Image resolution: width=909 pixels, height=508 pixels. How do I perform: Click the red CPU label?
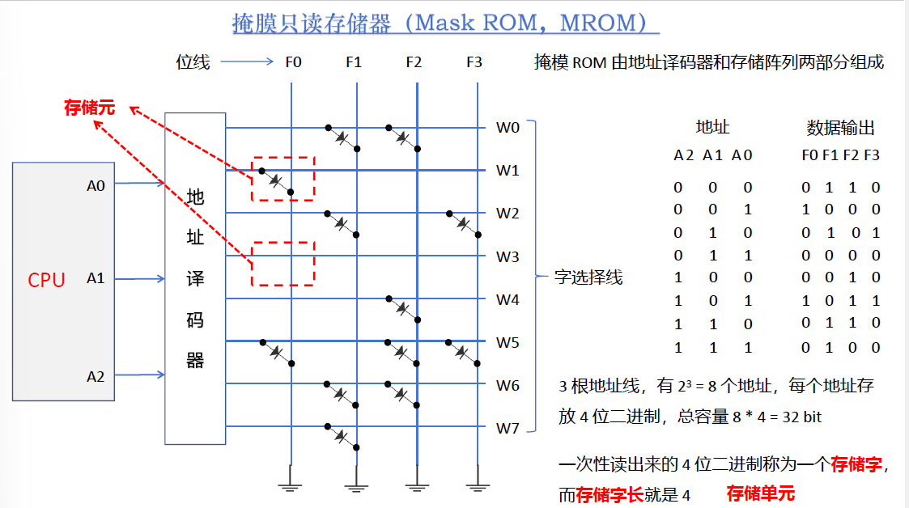pos(46,280)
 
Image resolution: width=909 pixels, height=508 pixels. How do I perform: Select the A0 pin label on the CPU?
pos(96,185)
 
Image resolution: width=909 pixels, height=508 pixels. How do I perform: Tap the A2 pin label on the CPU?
pos(96,375)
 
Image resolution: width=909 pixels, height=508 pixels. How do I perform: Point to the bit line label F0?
pos(293,61)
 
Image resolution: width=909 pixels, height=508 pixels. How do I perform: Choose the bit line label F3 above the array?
pos(475,61)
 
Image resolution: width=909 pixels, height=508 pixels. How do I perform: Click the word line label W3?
pos(508,257)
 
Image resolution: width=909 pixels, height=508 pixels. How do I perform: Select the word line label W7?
pos(508,428)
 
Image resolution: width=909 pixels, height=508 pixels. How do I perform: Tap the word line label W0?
pos(508,127)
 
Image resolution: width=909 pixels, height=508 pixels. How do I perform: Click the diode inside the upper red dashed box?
pos(276,181)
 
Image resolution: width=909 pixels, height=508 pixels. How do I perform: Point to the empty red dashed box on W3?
pos(282,263)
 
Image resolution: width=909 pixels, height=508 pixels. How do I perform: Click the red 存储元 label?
pos(90,107)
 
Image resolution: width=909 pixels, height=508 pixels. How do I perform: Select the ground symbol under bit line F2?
pos(416,486)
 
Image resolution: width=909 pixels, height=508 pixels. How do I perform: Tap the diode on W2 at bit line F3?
pos(462,224)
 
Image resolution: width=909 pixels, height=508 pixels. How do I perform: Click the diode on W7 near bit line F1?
pos(341,436)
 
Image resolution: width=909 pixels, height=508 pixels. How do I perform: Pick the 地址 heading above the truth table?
pos(712,127)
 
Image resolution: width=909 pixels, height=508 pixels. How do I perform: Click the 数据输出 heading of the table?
pos(840,127)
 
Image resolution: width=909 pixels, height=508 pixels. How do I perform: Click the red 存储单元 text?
pos(760,493)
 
